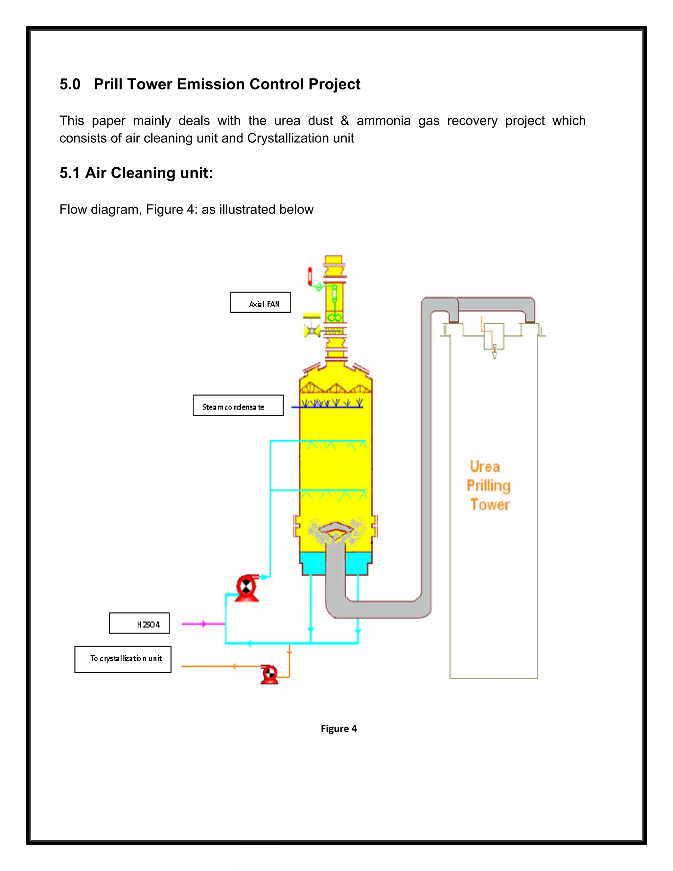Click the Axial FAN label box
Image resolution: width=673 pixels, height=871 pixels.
(260, 303)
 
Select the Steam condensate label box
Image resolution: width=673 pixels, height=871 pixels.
(238, 405)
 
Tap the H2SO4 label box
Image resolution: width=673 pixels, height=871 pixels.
(139, 623)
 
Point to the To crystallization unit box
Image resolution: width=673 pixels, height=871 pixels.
(123, 659)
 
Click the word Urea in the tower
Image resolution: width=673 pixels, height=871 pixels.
(485, 467)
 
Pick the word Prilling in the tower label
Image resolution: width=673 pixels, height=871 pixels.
(488, 486)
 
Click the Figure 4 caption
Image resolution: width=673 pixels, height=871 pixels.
(338, 729)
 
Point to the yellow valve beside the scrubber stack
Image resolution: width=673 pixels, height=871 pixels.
(312, 330)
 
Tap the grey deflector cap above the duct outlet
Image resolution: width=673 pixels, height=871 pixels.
(336, 527)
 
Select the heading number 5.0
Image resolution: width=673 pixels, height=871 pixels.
(70, 84)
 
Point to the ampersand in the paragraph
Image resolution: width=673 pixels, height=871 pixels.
(344, 120)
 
